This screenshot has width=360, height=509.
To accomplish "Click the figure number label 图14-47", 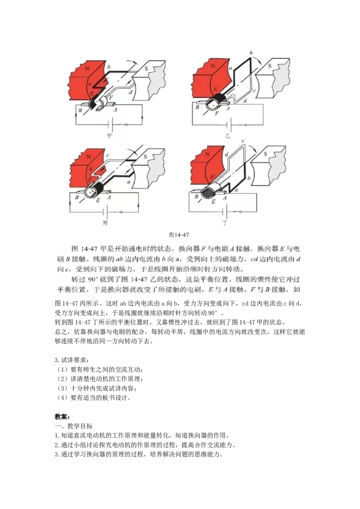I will click(x=178, y=234).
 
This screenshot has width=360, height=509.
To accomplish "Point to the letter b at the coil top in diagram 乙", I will click(x=250, y=53).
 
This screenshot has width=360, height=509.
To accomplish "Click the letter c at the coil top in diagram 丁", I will click(x=243, y=141).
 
